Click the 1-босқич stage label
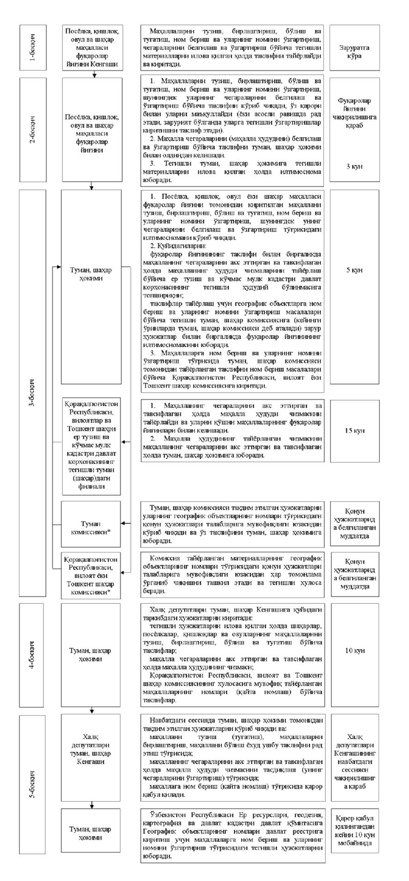pos(33,48)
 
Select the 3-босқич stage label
pos(33,395)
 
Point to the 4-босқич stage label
pos(33,655)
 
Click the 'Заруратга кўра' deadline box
pos(354,48)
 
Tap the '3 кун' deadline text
pos(354,166)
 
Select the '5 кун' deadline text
pos(354,270)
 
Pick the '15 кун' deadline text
pos(354,431)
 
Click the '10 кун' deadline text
pos(354,650)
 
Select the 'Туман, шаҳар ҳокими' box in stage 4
pos(92,655)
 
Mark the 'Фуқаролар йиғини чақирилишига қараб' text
pos(354,113)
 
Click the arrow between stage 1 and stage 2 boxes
pos(94,74)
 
